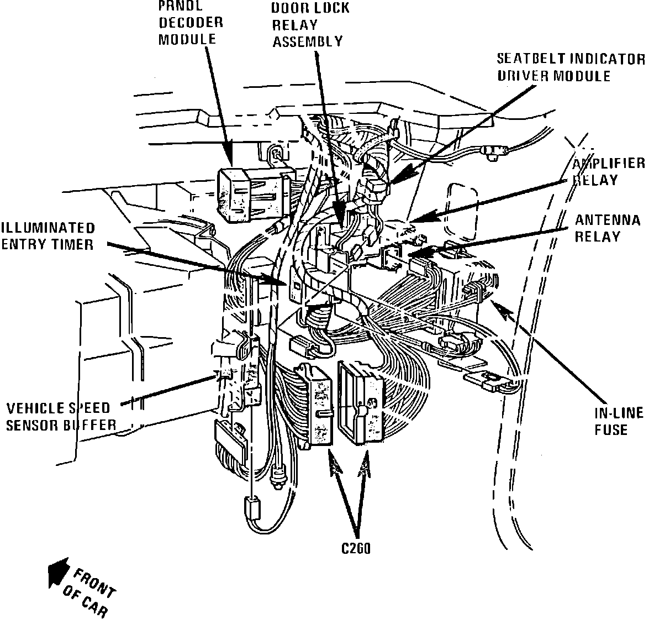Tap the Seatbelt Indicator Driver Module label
point(571,67)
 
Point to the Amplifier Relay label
point(608,171)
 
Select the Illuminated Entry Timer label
point(48,236)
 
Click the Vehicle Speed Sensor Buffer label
point(61,416)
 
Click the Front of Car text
point(88,591)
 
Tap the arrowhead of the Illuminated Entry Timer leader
point(279,279)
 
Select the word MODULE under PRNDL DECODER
point(187,40)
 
